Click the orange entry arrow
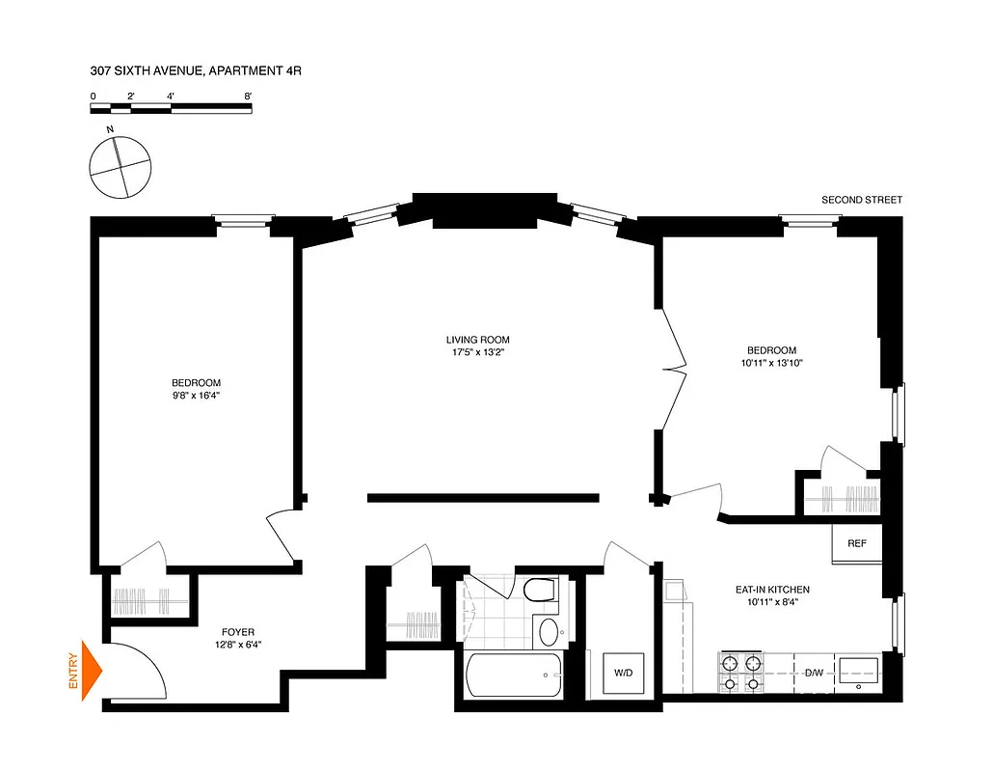(92, 669)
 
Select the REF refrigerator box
(856, 543)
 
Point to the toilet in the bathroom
(539, 590)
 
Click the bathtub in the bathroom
(512, 675)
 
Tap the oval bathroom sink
(549, 632)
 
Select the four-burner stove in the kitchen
(739, 673)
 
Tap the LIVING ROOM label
(477, 340)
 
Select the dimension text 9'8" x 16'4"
(197, 395)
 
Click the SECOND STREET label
(861, 200)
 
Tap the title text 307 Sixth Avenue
(189, 70)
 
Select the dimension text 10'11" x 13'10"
(771, 363)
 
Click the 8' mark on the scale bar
(248, 96)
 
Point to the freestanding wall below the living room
(483, 498)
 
